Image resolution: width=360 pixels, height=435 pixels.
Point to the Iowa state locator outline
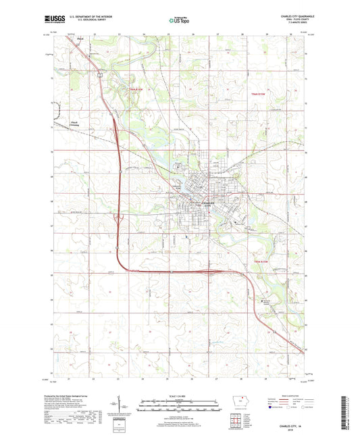[x=239, y=400]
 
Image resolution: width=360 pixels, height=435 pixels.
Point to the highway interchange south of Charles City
[x=212, y=271]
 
